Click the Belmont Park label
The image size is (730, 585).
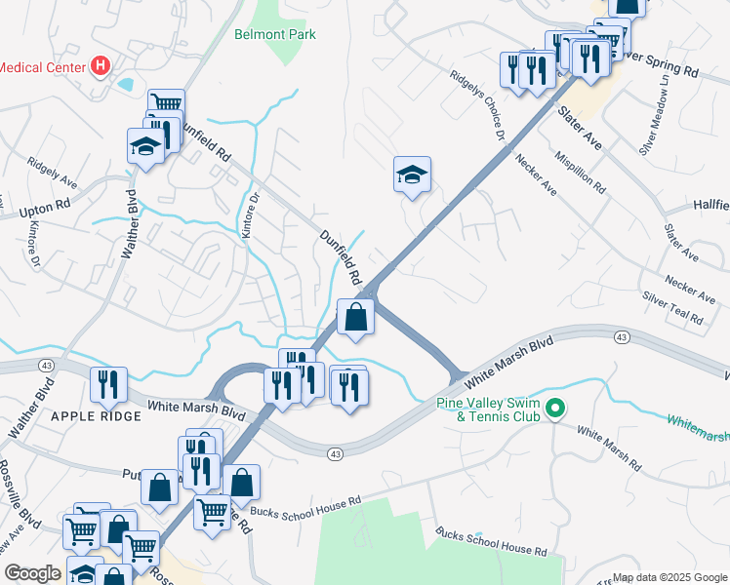point(274,34)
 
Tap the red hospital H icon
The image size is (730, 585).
point(99,66)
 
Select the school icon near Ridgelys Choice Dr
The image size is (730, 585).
point(412,175)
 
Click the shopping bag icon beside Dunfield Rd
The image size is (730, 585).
point(356,317)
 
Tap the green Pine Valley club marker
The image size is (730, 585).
point(555,408)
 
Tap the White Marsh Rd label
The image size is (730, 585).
point(608,446)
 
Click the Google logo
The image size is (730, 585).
point(32,573)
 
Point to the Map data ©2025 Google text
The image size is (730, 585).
point(669,577)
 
